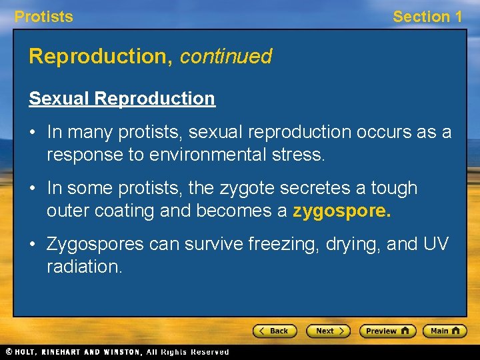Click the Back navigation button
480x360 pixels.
[275, 331]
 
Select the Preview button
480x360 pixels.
[387, 331]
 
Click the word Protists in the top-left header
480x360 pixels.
[44, 17]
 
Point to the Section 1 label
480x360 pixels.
[427, 17]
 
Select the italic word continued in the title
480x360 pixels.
[225, 57]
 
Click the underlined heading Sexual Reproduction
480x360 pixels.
[122, 99]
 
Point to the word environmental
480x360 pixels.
[209, 155]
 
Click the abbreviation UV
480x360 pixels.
[436, 245]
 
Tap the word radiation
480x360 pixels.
[84, 267]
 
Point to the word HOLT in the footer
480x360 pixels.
[27, 352]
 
